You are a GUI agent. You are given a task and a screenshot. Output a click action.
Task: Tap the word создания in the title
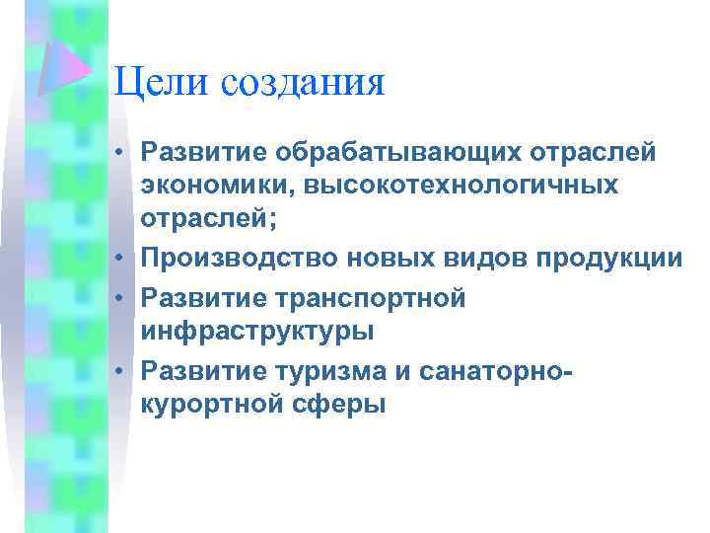click(x=303, y=83)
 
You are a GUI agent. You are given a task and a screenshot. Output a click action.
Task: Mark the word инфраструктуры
click(x=257, y=331)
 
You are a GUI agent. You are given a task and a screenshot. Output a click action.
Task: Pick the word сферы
click(x=341, y=404)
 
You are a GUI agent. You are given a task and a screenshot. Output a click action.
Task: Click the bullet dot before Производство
click(x=119, y=259)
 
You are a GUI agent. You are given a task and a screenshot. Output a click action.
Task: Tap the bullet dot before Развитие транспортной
click(x=119, y=295)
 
